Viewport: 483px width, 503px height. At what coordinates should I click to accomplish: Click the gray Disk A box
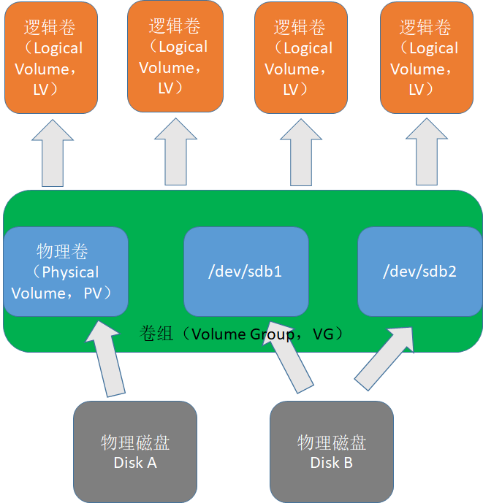[135, 451]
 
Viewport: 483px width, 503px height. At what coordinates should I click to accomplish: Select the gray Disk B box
[331, 451]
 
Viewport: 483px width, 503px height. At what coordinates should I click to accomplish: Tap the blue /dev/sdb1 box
[246, 272]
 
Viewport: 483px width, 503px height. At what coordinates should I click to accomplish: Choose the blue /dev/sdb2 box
[419, 272]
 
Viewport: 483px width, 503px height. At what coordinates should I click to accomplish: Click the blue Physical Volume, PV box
[66, 272]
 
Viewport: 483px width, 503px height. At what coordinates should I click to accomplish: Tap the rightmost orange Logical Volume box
[427, 59]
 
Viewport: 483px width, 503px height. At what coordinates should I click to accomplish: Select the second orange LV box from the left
[175, 56]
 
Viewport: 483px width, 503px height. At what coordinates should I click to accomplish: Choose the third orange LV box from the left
[301, 59]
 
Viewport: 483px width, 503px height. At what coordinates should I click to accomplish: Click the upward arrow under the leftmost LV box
[52, 153]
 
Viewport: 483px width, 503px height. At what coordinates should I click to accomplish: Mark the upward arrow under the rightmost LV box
[427, 153]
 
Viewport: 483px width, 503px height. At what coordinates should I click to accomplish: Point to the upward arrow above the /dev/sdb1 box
[301, 153]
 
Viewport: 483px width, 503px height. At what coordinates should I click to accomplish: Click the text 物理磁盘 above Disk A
[135, 443]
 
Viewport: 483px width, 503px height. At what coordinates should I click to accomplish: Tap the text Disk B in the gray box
[331, 463]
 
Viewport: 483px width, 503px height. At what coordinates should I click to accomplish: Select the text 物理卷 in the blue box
[63, 252]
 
